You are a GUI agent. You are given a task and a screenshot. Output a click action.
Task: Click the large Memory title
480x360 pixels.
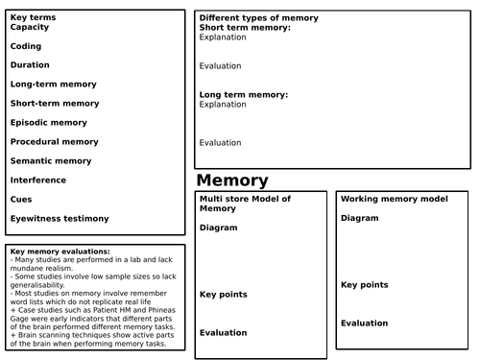[232, 180]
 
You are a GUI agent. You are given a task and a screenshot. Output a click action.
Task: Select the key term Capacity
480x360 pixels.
[30, 27]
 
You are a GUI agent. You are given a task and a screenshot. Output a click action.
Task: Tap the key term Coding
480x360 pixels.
[26, 45]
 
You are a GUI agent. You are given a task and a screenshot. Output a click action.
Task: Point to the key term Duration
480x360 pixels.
[30, 64]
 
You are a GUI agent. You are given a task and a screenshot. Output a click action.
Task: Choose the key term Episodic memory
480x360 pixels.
[50, 122]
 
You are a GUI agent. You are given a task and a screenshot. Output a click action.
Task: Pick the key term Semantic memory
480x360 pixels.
[51, 160]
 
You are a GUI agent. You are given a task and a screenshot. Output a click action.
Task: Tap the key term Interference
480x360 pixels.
[38, 180]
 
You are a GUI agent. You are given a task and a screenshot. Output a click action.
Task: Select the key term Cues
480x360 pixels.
[22, 199]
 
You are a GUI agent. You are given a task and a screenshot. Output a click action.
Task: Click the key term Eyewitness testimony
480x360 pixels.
[60, 218]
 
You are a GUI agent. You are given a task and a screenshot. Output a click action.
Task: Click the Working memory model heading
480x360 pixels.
[394, 199]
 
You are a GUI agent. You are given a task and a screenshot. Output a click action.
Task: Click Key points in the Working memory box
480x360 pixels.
[365, 285]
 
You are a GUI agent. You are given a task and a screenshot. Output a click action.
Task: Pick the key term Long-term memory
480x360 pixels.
[54, 84]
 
